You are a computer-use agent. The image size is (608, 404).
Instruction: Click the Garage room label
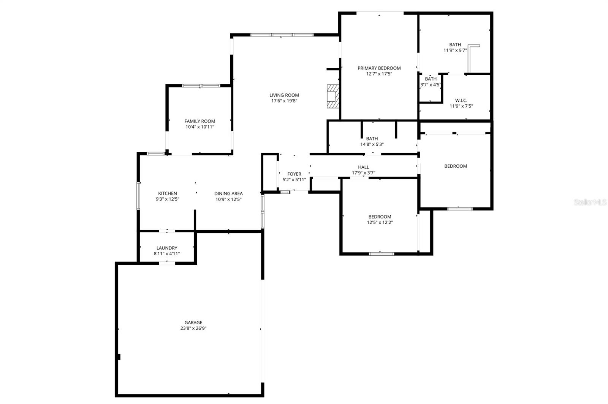pyautogui.click(x=193, y=323)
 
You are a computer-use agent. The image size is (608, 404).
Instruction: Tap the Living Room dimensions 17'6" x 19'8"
pyautogui.click(x=284, y=101)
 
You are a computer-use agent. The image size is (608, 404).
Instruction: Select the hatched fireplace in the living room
pyautogui.click(x=332, y=96)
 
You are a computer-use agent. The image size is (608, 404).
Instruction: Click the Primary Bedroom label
pyautogui.click(x=379, y=68)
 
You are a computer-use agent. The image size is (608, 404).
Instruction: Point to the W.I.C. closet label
pyautogui.click(x=461, y=101)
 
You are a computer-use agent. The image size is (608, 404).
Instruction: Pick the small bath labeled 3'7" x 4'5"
pyautogui.click(x=431, y=82)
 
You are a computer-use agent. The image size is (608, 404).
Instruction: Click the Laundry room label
pyautogui.click(x=167, y=248)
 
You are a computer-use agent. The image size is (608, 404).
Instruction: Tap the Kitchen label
pyautogui.click(x=168, y=193)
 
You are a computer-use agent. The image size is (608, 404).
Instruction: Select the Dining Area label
pyautogui.click(x=228, y=193)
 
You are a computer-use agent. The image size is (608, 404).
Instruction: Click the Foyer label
pyautogui.click(x=294, y=174)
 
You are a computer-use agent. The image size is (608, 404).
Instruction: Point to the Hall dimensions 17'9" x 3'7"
pyautogui.click(x=363, y=173)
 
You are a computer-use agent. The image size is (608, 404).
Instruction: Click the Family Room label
pyautogui.click(x=200, y=121)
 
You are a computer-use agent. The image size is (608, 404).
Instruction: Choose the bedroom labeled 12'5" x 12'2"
pyautogui.click(x=380, y=220)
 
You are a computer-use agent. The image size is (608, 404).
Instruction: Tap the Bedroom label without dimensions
pyautogui.click(x=456, y=166)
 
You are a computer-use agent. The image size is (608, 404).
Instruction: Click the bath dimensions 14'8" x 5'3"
pyautogui.click(x=372, y=145)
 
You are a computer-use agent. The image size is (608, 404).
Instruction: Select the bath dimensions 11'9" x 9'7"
pyautogui.click(x=455, y=50)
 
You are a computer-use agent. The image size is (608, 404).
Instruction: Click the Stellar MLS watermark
pyautogui.click(x=590, y=203)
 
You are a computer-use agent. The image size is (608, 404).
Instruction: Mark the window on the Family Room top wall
pyautogui.click(x=201, y=86)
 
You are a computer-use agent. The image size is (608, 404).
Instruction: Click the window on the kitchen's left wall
pyautogui.click(x=139, y=196)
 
